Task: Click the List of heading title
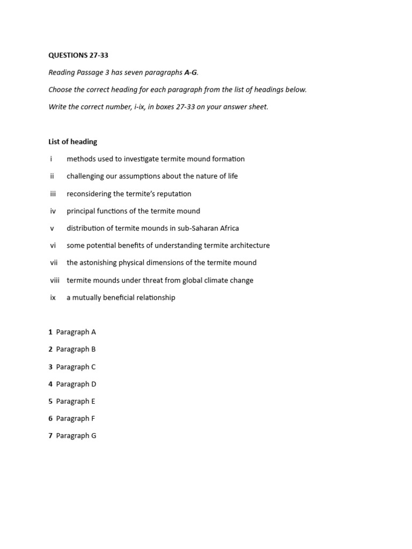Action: [x=73, y=142]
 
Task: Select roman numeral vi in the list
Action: [x=53, y=246]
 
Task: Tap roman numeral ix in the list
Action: [x=53, y=298]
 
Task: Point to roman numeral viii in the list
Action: [x=55, y=280]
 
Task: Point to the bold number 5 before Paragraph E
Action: [x=50, y=402]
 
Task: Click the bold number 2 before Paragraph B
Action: [x=50, y=350]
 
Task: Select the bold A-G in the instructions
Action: [x=190, y=73]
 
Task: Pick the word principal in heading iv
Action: [x=81, y=211]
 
